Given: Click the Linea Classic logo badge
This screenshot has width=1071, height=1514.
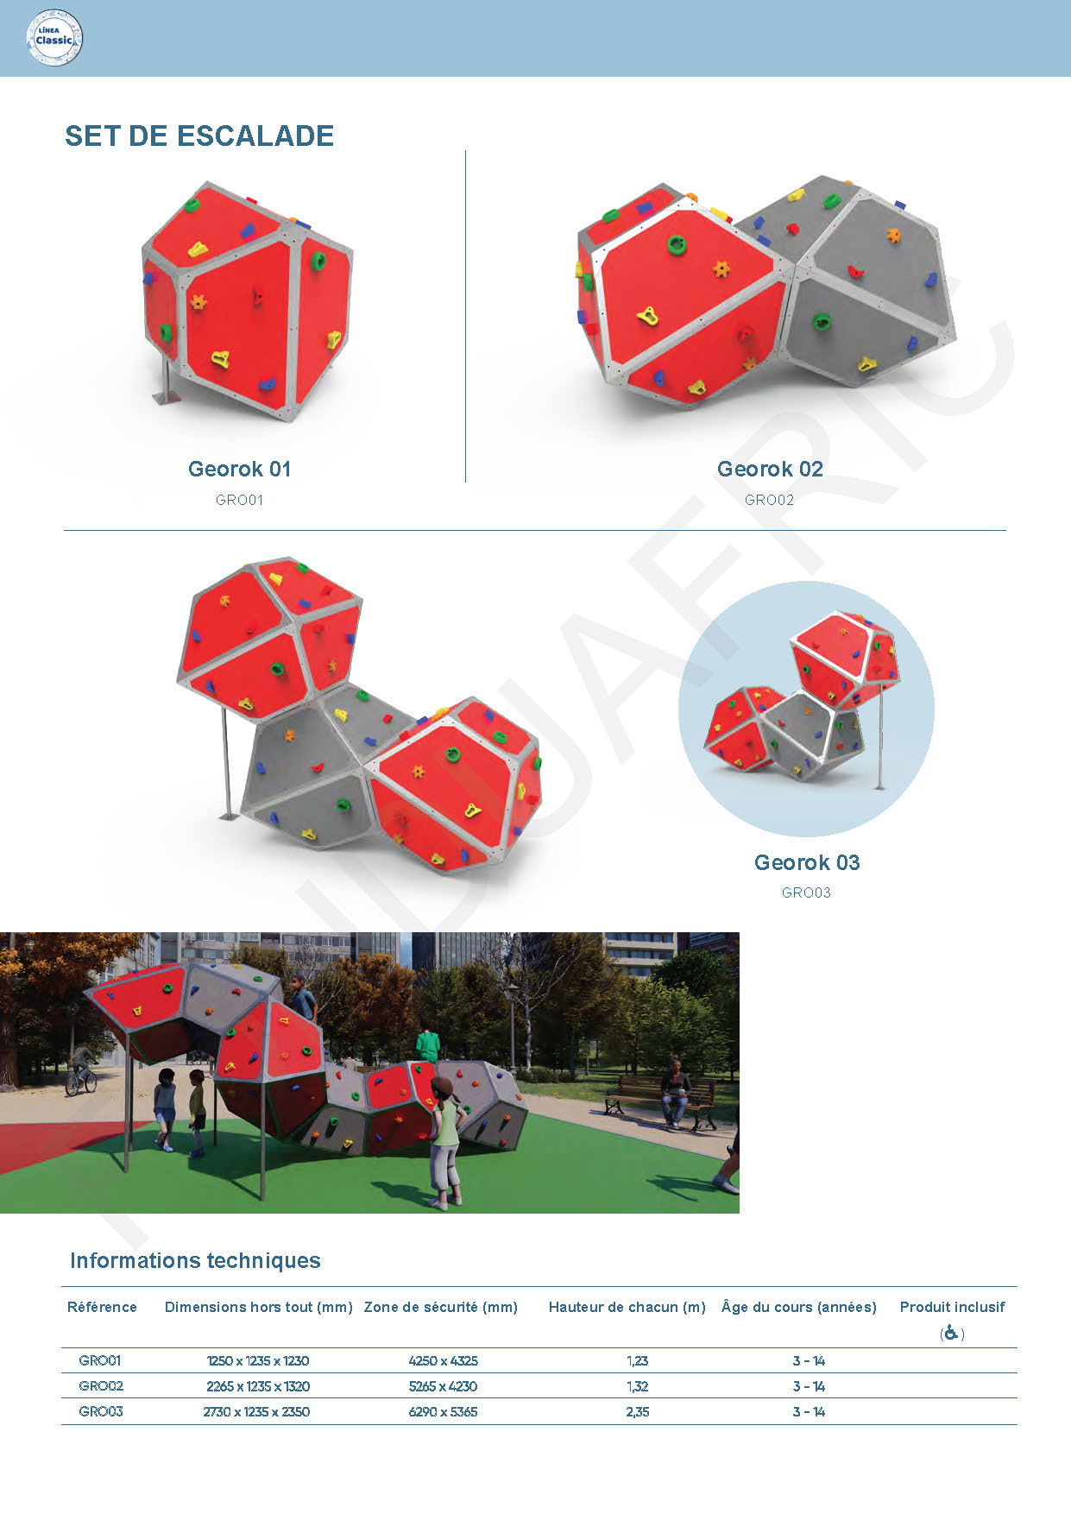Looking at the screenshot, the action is coord(55,38).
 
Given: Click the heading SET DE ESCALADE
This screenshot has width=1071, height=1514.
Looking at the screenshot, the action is coord(199,136).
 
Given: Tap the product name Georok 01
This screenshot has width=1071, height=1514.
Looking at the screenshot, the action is coord(240,469).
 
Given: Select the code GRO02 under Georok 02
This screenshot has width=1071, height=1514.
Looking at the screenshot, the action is coord(769,500).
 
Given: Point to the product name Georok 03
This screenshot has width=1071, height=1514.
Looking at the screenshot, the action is coord(807,862).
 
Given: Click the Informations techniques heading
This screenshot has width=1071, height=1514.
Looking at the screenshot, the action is coord(195,1260).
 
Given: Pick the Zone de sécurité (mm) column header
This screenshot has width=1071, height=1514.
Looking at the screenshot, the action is coord(441,1307).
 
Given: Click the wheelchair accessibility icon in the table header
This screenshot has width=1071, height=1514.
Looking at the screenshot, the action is coord(951,1333).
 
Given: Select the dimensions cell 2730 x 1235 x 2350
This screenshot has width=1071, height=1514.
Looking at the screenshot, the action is coord(256,1411).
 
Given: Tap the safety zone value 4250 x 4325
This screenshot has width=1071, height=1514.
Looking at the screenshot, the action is coord(443,1360).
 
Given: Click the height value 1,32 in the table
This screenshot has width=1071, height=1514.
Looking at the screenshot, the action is coord(637,1386).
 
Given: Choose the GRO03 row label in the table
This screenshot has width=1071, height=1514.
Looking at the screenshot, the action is coord(101,1411).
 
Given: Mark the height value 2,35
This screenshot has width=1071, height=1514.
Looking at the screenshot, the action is coord(637,1411).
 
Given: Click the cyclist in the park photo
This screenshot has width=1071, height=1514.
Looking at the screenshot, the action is coord(82,1070).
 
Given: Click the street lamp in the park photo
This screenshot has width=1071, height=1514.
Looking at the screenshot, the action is coord(513,1027).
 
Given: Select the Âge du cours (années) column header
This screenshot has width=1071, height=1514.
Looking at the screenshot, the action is coord(799,1307).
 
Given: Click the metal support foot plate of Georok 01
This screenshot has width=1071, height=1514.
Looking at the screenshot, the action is coord(167,398).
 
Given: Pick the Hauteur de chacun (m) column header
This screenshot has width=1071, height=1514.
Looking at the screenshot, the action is coord(627,1307).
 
